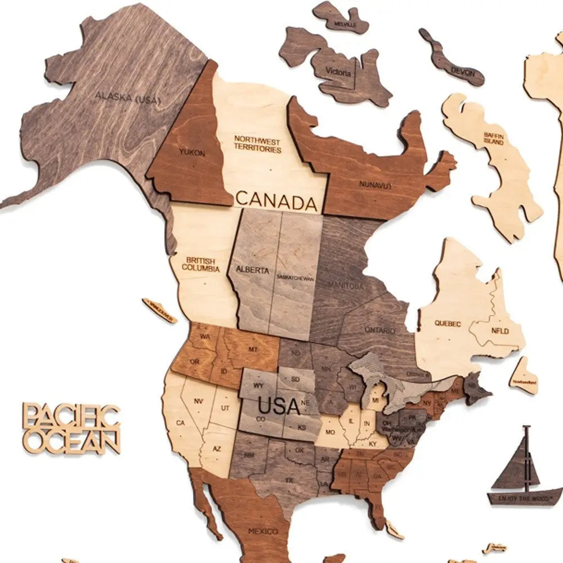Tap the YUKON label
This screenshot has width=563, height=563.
point(191,153)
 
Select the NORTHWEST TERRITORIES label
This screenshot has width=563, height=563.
point(257,144)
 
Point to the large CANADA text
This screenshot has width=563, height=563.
point(276,200)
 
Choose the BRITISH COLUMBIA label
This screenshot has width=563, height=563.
point(200,264)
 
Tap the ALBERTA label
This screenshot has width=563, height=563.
point(252,270)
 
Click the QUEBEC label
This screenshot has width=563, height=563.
point(448,324)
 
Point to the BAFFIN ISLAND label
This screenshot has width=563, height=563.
point(493,138)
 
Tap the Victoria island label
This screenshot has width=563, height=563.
point(338,73)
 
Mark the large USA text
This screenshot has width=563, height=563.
point(279,405)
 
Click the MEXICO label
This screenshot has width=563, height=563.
point(263,531)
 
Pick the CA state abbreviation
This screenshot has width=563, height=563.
point(181,422)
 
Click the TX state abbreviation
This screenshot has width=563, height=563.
point(289,480)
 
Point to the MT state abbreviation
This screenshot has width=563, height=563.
point(253,350)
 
